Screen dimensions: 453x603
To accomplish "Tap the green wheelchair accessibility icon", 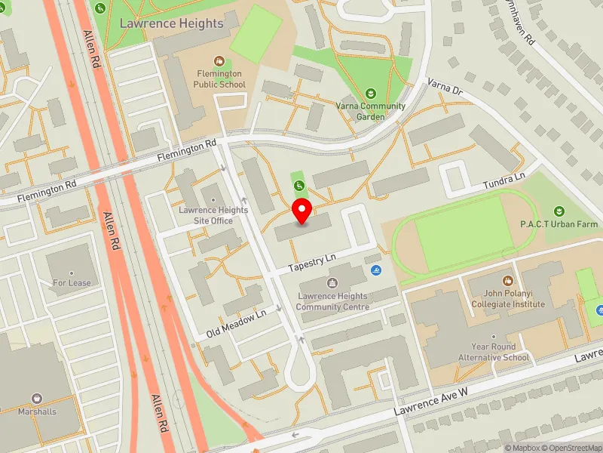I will pyautogui.click(x=298, y=185).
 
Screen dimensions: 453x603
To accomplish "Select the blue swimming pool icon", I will pyautogui.click(x=375, y=271).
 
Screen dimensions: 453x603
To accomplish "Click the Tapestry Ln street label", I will pyautogui.click(x=312, y=262).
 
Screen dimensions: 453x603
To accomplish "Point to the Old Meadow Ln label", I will pyautogui.click(x=237, y=324).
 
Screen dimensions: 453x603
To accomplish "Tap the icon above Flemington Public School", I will pyautogui.click(x=218, y=60).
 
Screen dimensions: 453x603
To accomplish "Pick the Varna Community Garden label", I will pyautogui.click(x=370, y=112).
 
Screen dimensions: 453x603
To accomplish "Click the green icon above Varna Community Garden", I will pyautogui.click(x=370, y=93).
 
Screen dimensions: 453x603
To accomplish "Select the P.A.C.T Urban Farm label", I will pyautogui.click(x=559, y=224).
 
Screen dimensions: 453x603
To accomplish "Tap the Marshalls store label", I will pyautogui.click(x=37, y=411).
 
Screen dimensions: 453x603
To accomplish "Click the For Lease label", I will pyautogui.click(x=72, y=283).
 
